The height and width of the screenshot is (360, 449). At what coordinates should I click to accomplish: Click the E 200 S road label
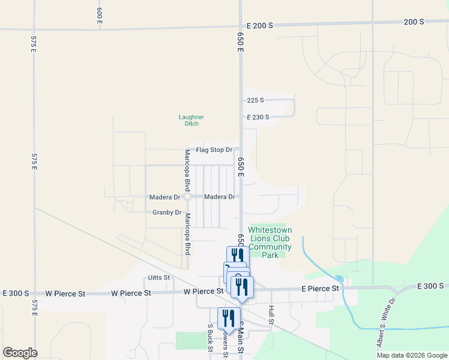(x=259, y=26)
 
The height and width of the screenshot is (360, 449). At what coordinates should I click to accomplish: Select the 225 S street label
(x=255, y=100)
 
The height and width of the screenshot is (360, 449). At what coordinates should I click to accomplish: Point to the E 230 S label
(x=258, y=117)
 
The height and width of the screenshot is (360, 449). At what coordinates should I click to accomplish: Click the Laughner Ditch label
(x=191, y=120)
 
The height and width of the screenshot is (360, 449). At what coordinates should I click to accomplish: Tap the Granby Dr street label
(x=167, y=212)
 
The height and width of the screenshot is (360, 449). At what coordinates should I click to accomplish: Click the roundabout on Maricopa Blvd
(x=187, y=197)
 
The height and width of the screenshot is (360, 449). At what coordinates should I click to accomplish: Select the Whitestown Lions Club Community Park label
(x=270, y=242)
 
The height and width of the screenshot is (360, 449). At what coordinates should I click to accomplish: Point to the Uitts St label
(x=159, y=278)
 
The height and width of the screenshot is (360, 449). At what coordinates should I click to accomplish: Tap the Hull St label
(x=272, y=315)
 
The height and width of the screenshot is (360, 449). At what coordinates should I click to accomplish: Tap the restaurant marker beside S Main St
(x=229, y=318)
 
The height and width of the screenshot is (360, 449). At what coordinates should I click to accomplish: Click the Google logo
(x=20, y=353)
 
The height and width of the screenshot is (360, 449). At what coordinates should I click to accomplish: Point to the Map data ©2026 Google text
(x=411, y=355)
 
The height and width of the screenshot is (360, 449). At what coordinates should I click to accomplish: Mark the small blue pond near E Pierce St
(x=340, y=279)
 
